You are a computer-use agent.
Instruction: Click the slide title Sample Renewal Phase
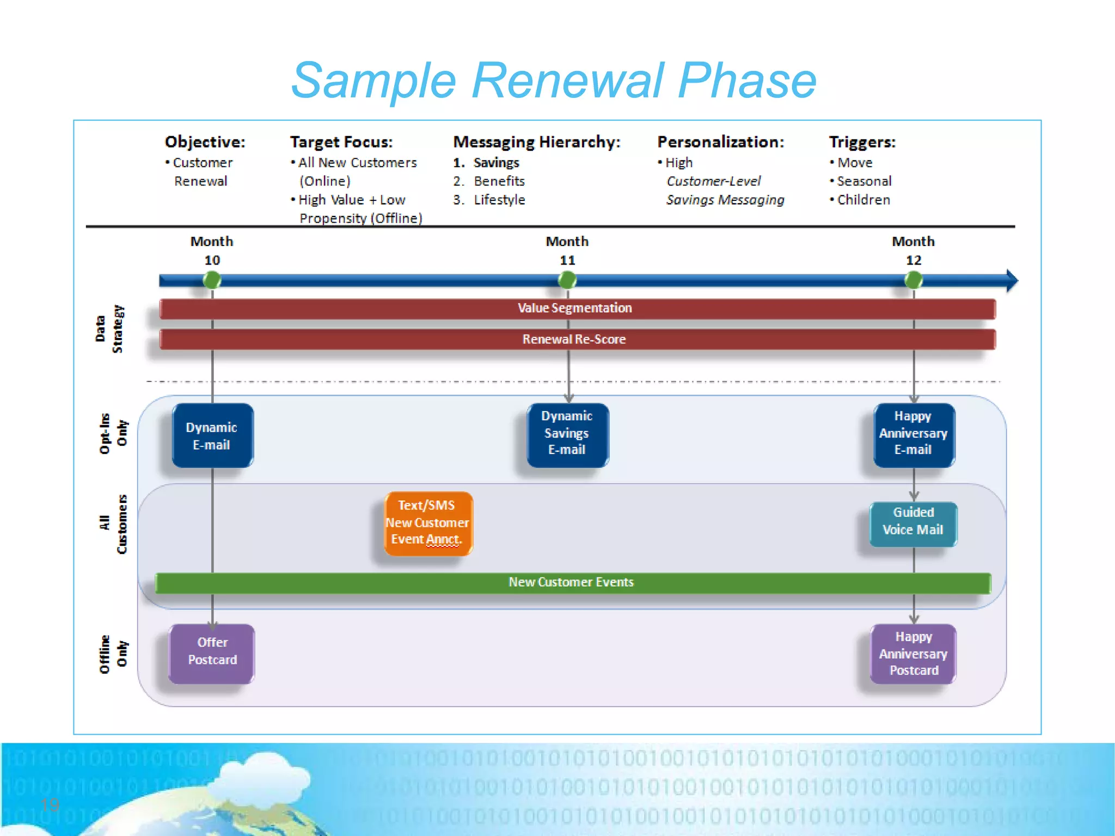pyautogui.click(x=553, y=81)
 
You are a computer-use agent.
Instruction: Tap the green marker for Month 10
pyautogui.click(x=212, y=280)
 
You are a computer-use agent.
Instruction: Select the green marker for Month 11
pyautogui.click(x=567, y=280)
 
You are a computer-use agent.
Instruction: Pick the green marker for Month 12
pyautogui.click(x=913, y=280)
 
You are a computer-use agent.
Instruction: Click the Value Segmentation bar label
pyautogui.click(x=574, y=308)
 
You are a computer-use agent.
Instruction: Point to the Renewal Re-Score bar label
pyautogui.click(x=574, y=339)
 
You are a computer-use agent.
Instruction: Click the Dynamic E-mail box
pyautogui.click(x=212, y=435)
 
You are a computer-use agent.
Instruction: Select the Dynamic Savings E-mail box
pyautogui.click(x=567, y=434)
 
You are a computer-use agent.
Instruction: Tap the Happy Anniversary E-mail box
pyautogui.click(x=913, y=434)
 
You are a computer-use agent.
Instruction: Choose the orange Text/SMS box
pyautogui.click(x=428, y=523)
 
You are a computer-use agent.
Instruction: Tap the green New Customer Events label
pyautogui.click(x=571, y=582)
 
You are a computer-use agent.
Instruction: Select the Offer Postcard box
pyautogui.click(x=212, y=653)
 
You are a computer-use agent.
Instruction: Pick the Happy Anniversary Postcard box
pyautogui.click(x=913, y=653)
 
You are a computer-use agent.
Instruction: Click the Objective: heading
pyautogui.click(x=205, y=142)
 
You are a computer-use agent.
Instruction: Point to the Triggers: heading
pyautogui.click(x=862, y=142)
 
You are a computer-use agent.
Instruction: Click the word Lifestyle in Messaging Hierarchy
pyautogui.click(x=499, y=200)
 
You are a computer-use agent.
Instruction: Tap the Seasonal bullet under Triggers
pyautogui.click(x=864, y=181)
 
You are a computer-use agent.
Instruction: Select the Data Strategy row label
pyautogui.click(x=109, y=329)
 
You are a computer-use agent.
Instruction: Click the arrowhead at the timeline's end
pyautogui.click(x=1012, y=280)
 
